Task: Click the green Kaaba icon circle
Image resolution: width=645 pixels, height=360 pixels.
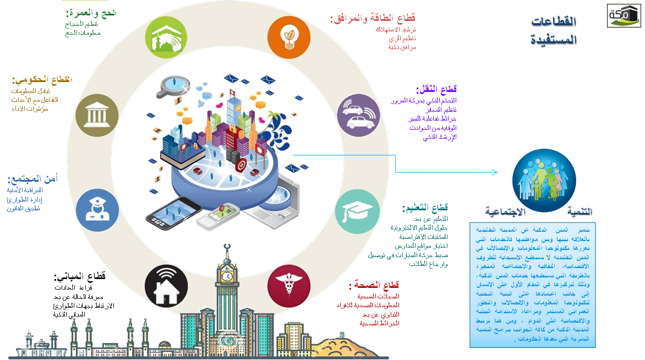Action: click(166, 37)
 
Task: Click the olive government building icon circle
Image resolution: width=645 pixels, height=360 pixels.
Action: click(97, 114)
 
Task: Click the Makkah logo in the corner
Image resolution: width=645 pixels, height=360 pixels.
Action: click(624, 15)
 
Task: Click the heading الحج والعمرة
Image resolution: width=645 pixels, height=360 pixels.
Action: click(91, 12)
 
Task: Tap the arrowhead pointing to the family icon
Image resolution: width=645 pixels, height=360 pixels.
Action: click(495, 172)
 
